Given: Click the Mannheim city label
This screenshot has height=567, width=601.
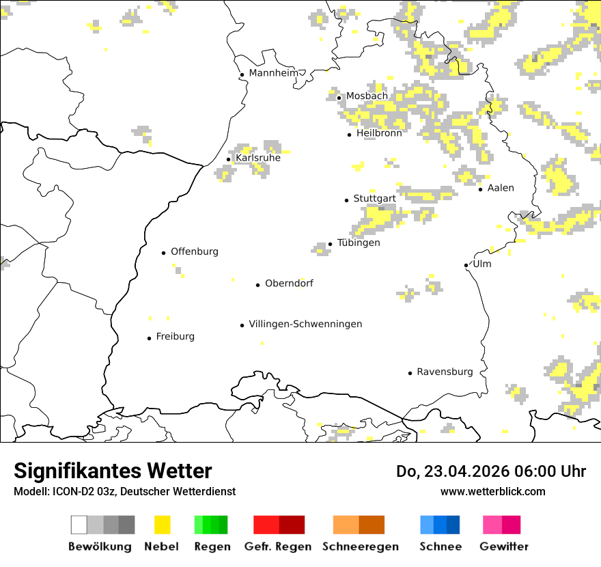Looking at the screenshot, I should click(x=274, y=73).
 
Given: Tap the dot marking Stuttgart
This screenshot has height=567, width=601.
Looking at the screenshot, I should click(x=346, y=200).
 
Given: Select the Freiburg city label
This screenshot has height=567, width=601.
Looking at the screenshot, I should click(x=175, y=337).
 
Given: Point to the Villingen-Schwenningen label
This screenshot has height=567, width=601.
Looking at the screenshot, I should click(x=305, y=324).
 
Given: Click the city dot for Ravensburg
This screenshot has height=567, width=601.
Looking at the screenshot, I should click(x=410, y=373).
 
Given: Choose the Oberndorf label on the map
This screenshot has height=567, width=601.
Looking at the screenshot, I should click(x=289, y=283).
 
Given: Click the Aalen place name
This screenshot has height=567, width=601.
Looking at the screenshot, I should click(x=501, y=188).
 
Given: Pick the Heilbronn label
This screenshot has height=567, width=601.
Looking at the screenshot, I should click(x=379, y=133).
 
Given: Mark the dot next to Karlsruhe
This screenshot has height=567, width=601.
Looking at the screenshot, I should click(x=229, y=160).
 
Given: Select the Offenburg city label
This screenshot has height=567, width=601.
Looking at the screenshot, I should click(x=195, y=251).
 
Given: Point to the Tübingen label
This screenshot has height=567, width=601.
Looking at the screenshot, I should click(x=359, y=243).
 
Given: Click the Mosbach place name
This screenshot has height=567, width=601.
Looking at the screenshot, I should click(x=367, y=96).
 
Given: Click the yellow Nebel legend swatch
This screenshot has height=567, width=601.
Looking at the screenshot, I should click(x=163, y=525).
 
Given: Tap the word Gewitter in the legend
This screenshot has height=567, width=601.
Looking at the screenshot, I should click(x=504, y=547).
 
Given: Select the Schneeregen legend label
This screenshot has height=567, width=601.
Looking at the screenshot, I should click(x=361, y=547).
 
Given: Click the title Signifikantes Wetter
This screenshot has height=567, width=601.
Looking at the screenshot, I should click(x=113, y=471).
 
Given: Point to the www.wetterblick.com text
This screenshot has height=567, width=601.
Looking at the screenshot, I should click(x=493, y=491).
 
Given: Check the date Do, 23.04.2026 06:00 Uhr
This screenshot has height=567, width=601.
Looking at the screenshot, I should click(x=491, y=471).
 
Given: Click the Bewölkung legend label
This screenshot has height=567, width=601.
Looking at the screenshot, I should click(x=100, y=547).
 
